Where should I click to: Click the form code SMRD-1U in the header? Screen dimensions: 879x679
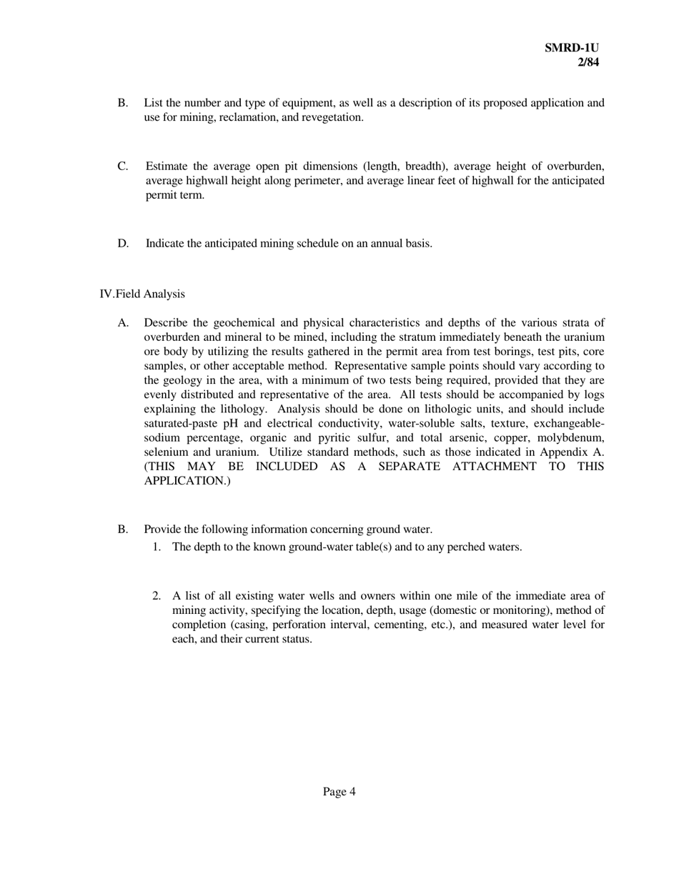pos(571,48)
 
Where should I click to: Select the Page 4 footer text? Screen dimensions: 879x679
pos(339,791)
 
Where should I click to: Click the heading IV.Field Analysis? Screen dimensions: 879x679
pos(142,294)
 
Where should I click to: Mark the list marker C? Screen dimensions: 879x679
pos(123,167)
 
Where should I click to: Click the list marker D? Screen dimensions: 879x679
pos(123,243)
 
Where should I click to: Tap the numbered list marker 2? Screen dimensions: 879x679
pos(157,596)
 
